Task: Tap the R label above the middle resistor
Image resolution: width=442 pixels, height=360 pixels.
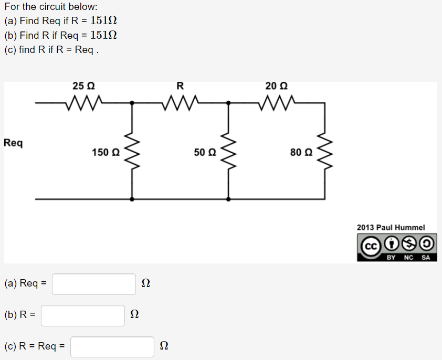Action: tap(180, 86)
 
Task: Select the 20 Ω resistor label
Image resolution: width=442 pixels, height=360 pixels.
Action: tap(276, 86)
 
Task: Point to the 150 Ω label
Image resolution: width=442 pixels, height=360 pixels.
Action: tap(106, 153)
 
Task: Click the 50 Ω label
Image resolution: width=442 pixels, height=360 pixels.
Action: tap(205, 153)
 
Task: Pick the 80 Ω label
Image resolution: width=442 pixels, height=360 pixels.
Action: tap(301, 153)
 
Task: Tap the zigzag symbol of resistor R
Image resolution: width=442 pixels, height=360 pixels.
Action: tap(181, 100)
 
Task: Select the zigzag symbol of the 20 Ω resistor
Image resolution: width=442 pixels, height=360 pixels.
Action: tap(277, 100)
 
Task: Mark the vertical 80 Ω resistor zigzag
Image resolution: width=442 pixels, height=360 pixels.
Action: tap(325, 152)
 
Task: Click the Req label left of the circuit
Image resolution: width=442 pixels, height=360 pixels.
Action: tap(13, 143)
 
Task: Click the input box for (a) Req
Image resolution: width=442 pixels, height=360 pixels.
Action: tap(94, 284)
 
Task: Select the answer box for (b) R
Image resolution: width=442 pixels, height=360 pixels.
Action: tap(83, 315)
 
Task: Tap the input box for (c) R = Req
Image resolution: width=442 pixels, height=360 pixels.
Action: tap(112, 347)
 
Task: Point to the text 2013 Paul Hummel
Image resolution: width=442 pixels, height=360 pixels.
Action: tap(391, 227)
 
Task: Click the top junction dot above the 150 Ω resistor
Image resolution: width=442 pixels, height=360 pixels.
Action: tap(132, 103)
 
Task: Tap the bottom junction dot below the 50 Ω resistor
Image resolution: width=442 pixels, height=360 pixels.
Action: tap(228, 199)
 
